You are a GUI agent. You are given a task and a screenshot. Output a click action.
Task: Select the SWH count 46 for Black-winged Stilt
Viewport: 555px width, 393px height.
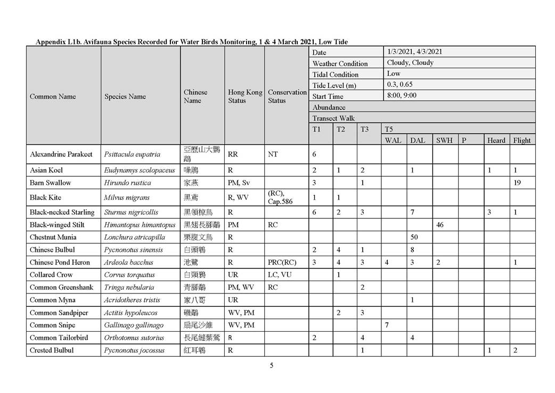click(440, 225)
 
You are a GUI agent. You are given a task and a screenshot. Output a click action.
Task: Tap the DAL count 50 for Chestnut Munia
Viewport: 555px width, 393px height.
click(414, 238)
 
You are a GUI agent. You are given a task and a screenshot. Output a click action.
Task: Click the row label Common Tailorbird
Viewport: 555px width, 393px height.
click(59, 338)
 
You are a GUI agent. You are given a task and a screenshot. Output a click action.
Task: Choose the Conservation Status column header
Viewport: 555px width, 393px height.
click(287, 96)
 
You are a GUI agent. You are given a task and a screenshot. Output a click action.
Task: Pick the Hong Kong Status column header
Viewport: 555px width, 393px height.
click(245, 96)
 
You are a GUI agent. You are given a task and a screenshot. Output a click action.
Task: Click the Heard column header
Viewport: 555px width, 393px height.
click(496, 141)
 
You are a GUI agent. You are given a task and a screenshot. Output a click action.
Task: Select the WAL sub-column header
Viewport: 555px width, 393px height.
click(393, 141)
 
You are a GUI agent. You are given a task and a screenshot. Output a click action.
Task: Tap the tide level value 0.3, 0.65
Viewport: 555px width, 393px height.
click(399, 85)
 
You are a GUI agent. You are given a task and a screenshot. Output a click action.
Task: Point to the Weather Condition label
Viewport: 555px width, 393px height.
click(340, 63)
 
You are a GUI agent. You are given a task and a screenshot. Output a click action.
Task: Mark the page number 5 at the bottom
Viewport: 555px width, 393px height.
click(271, 365)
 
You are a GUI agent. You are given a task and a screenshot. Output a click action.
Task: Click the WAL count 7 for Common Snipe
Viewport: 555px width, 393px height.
click(386, 325)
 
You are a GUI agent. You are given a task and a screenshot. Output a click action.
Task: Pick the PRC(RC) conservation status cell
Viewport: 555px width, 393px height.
click(282, 262)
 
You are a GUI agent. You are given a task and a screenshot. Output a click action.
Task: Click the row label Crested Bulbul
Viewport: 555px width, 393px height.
click(52, 350)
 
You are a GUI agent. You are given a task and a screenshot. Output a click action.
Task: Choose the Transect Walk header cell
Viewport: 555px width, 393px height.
click(333, 118)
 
